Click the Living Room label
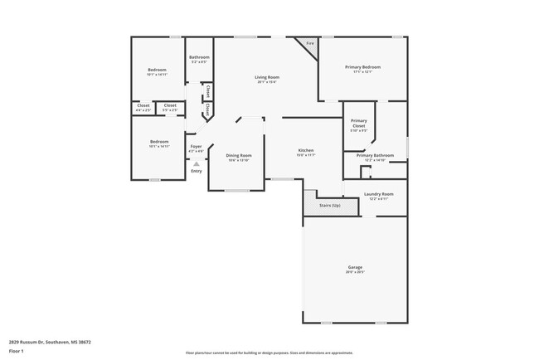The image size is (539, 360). [x=266, y=77]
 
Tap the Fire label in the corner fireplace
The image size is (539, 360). [x=310, y=43]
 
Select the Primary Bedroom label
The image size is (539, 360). [x=362, y=67]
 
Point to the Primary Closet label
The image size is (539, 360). [x=358, y=124]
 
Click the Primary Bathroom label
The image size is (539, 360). [x=375, y=155]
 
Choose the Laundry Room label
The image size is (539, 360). [x=379, y=194]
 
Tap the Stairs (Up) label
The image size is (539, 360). [x=329, y=204]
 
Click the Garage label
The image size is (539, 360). [x=355, y=267]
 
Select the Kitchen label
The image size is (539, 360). [x=306, y=150]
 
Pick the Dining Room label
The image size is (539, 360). [x=239, y=155]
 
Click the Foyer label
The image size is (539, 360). [x=196, y=147]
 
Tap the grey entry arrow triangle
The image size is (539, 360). [x=196, y=164]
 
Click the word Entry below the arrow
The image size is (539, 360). [x=196, y=171]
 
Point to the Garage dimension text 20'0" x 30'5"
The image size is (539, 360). [x=355, y=272]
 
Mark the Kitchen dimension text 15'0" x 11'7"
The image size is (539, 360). [x=306, y=155]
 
